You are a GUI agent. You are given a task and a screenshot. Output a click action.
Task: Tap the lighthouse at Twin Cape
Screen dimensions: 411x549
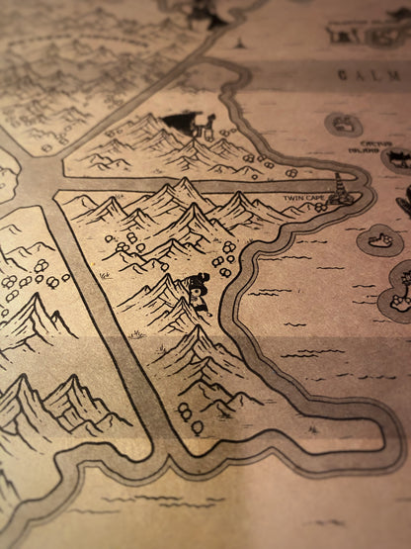(342, 188)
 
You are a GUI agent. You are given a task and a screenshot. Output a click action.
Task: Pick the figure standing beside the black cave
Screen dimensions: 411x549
(207, 125)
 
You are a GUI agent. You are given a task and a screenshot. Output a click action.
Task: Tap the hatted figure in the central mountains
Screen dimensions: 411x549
(199, 295)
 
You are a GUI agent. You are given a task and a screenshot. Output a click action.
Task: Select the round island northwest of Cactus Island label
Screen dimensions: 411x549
(343, 124)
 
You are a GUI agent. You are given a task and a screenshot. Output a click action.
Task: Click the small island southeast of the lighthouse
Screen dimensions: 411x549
(380, 238)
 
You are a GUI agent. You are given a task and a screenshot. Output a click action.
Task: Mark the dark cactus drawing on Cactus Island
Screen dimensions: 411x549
(398, 158)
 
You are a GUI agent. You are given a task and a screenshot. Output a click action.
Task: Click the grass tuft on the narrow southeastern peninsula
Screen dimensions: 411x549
(312, 428)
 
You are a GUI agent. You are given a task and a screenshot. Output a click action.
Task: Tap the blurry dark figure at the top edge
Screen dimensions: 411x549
(203, 12)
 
